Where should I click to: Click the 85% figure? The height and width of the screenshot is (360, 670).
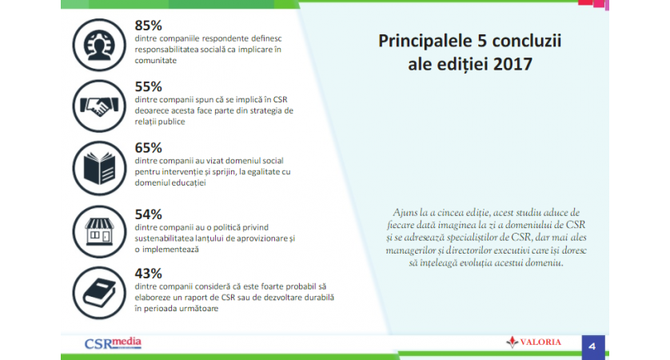(x=148, y=26)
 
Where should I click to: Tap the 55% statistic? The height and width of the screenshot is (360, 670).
(x=148, y=86)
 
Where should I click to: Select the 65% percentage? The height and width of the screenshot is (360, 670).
(x=148, y=148)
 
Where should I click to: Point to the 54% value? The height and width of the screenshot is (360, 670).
(x=148, y=214)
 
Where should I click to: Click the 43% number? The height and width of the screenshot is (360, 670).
(x=148, y=274)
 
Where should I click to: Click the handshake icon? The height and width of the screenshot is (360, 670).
(x=99, y=106)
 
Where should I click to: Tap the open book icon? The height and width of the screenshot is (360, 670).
(x=99, y=168)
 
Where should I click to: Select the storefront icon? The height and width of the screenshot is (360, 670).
(x=99, y=232)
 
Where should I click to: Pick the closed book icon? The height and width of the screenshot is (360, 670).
(x=99, y=293)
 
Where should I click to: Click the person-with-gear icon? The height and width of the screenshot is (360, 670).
(x=99, y=45)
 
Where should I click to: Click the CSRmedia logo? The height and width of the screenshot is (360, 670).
(x=113, y=343)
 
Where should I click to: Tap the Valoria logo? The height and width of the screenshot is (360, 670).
(x=534, y=342)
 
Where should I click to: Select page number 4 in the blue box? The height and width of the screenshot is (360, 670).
(x=592, y=346)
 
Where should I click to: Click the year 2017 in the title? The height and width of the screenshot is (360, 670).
(x=512, y=65)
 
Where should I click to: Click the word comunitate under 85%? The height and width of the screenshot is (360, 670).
(x=156, y=61)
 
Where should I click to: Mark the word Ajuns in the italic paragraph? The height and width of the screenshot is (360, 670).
(x=405, y=213)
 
